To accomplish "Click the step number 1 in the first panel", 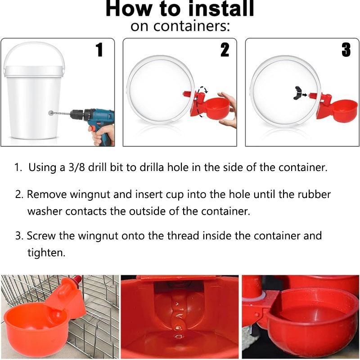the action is coord(99,50).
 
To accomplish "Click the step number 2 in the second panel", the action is coord(225,50).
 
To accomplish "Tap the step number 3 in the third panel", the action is coord(346,50).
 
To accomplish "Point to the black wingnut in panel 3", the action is coord(297,93).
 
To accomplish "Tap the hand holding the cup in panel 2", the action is coord(229,110).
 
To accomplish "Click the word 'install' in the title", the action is coord(221,9).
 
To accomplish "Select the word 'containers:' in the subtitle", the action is coord(192,26).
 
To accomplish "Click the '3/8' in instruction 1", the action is coord(76,167).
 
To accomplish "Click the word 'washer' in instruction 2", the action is coord(45,211).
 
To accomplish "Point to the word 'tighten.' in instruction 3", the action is coord(46,253).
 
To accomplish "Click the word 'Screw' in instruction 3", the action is coord(41,236).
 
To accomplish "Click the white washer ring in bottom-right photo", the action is coord(262,296).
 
